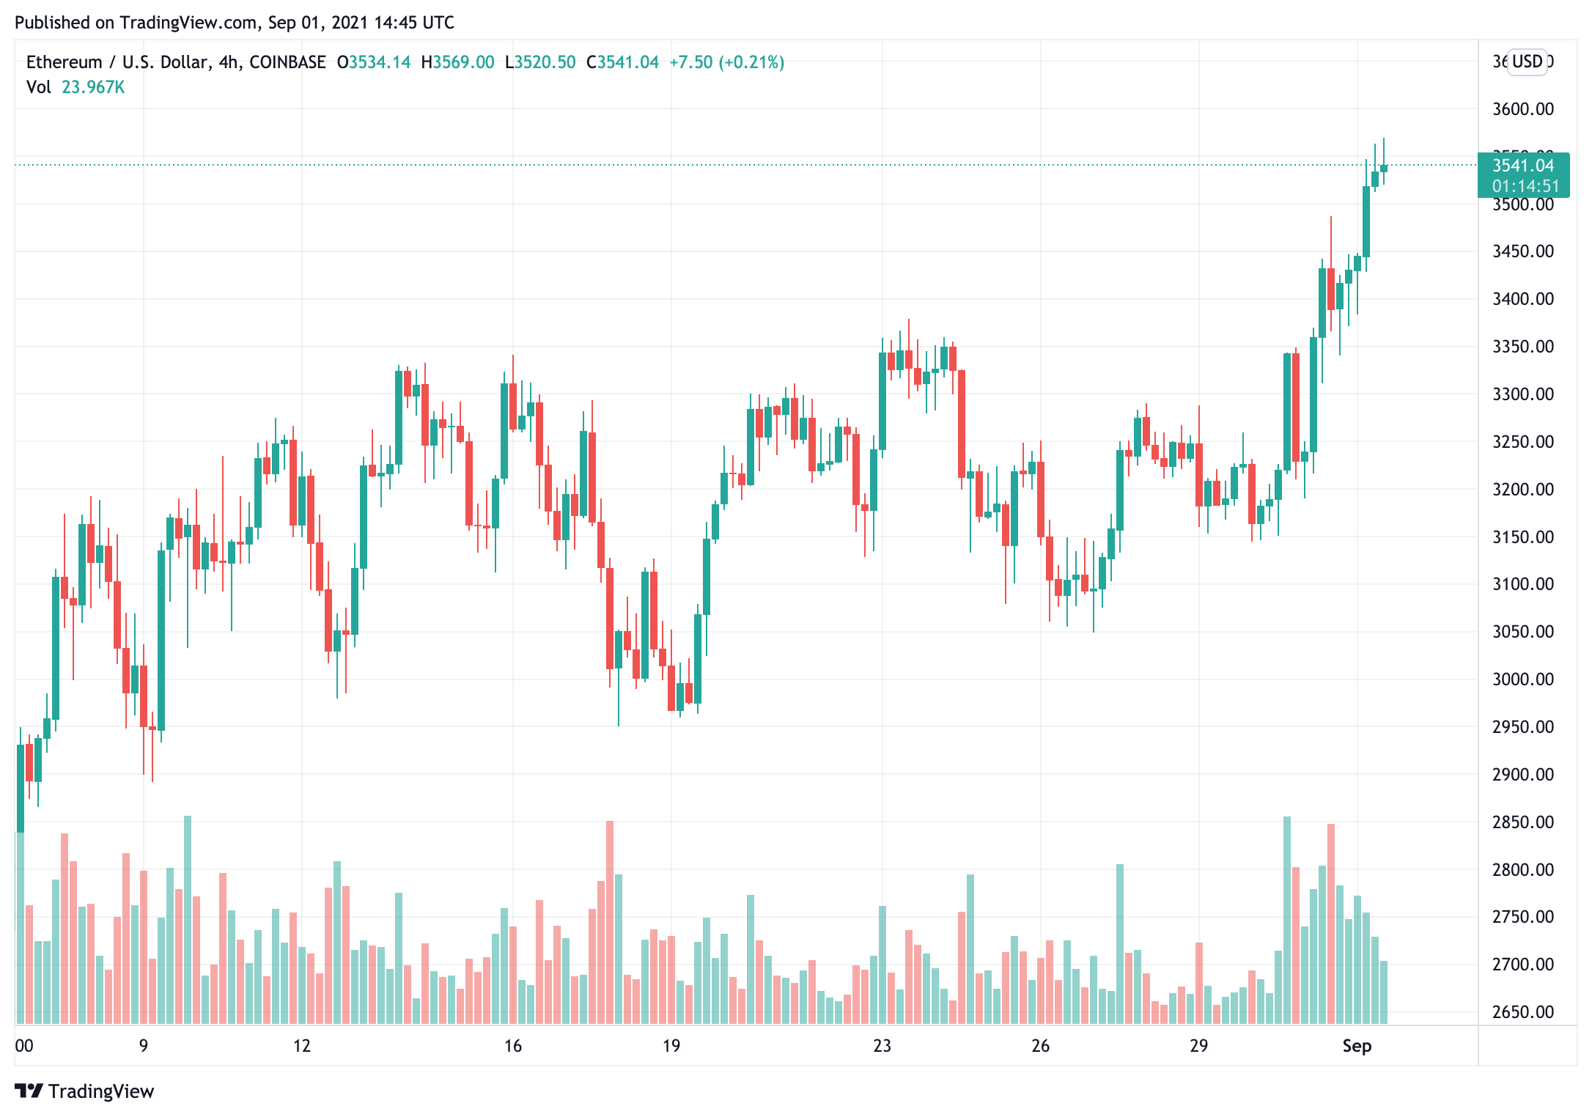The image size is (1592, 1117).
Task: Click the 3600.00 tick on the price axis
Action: [x=1522, y=109]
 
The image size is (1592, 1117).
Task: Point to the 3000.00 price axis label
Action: [x=1522, y=679]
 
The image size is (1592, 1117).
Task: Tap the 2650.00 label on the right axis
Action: [x=1522, y=1012]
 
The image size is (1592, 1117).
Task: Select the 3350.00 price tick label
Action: [x=1522, y=347]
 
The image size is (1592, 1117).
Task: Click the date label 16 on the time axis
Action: [x=512, y=1046]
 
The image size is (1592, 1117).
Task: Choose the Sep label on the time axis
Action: [x=1356, y=1046]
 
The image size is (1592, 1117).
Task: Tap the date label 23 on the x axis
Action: [x=882, y=1046]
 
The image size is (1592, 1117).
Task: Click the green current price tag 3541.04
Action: [x=1522, y=166]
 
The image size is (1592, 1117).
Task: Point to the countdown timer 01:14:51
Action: [x=1525, y=186]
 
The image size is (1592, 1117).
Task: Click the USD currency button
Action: [x=1527, y=62]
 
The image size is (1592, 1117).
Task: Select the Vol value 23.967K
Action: [x=93, y=87]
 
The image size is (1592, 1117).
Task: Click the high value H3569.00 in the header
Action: [x=457, y=62]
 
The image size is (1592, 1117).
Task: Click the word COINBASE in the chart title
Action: [x=287, y=62]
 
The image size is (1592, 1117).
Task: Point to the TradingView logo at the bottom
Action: [x=84, y=1091]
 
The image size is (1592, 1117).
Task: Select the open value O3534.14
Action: [x=373, y=62]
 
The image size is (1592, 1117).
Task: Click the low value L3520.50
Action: [x=540, y=62]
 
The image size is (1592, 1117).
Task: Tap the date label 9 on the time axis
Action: [x=144, y=1046]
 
